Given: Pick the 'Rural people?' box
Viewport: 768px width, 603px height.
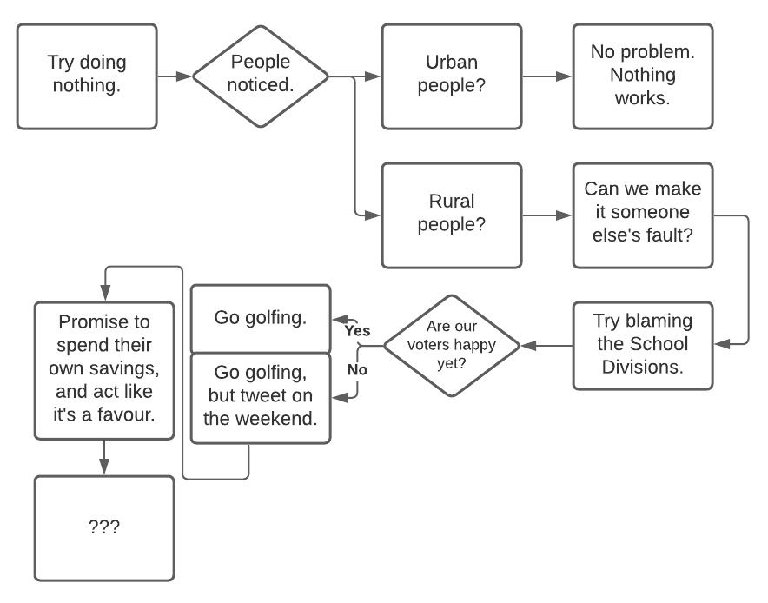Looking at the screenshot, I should coord(452,214).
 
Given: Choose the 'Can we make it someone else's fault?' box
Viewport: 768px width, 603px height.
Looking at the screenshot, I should coord(643,214).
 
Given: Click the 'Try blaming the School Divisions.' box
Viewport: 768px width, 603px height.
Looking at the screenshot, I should coord(643,345).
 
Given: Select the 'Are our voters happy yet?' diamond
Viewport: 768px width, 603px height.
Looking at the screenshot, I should coord(452,345).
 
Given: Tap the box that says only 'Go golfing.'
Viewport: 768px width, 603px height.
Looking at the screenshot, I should coord(261,318).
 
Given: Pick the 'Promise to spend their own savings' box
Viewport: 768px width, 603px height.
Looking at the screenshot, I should coord(104,369).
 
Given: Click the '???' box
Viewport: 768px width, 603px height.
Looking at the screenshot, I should coord(104,527).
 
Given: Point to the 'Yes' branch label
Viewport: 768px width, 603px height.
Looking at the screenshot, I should coord(357,331).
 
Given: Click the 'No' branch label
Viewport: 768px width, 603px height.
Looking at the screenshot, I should coord(357,369).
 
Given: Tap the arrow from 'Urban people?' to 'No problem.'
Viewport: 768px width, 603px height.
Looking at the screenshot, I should coord(547,76).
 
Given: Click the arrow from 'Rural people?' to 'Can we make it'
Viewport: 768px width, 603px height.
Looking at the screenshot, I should coord(547,214).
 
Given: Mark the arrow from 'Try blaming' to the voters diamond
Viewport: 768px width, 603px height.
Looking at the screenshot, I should coord(547,346).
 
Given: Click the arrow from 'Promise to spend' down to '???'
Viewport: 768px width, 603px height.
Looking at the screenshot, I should coord(104,457).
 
